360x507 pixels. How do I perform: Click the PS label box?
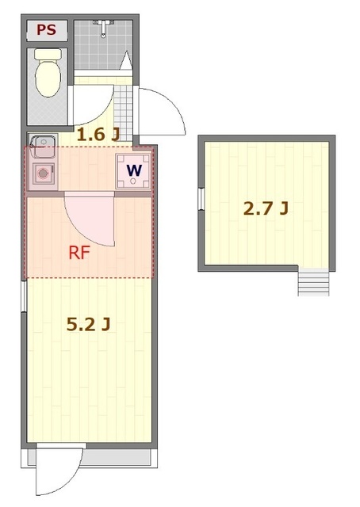(x=48, y=31)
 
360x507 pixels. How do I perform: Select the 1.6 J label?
(x=98, y=135)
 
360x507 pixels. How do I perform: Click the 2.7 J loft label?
(x=265, y=209)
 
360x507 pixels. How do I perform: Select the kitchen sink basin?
(x=42, y=145)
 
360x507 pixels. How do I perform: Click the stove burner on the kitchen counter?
(x=43, y=173)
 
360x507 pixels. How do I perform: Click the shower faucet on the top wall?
(x=103, y=29)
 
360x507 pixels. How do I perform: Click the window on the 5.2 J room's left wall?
(x=25, y=295)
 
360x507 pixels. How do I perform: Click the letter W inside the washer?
(x=134, y=170)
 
